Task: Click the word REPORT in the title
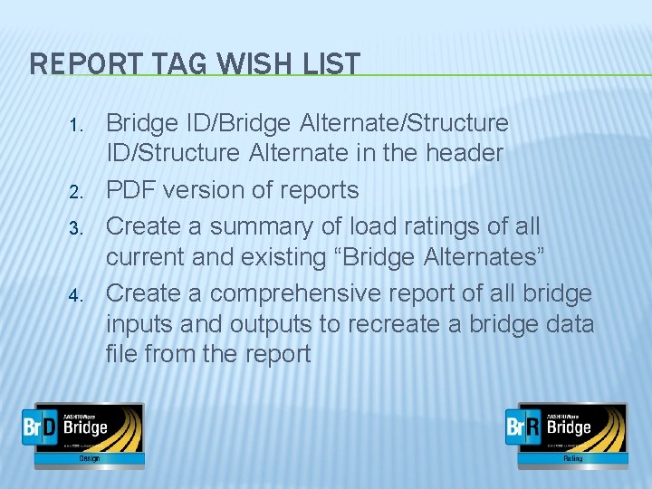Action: [x=82, y=63]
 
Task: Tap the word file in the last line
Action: [x=121, y=353]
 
